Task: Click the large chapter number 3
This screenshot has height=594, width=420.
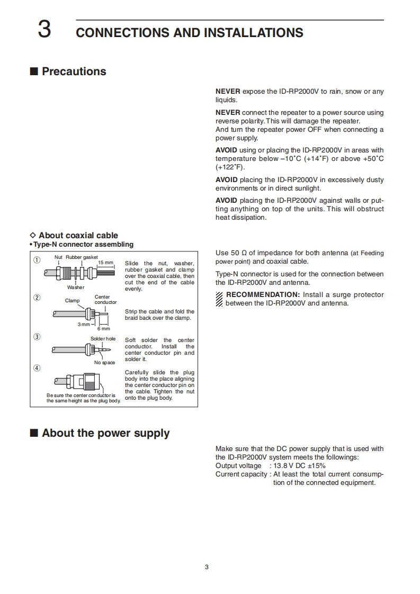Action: pos(44,31)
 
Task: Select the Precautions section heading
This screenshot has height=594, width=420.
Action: pos(74,71)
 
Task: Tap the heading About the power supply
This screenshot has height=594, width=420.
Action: pos(105,433)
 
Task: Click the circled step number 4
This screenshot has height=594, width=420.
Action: pos(37,368)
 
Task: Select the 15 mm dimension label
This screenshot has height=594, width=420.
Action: pos(106,263)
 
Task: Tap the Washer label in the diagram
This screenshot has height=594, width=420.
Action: pos(76,287)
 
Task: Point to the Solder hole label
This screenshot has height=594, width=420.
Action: pos(103,338)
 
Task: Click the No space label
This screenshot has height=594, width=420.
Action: pos(104,363)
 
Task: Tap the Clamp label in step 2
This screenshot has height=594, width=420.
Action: pos(72,301)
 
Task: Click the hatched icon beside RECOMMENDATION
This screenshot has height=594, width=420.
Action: pos(219,299)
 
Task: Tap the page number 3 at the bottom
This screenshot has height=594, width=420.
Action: pos(207,568)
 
